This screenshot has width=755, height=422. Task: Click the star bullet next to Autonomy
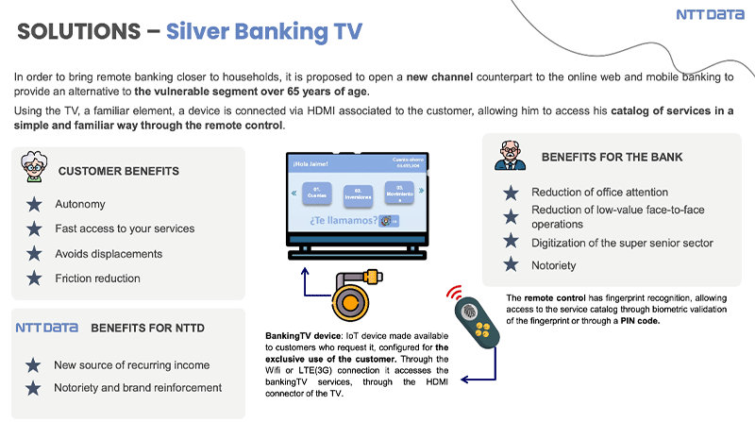[x=35, y=204]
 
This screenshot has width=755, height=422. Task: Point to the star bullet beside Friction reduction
[x=35, y=278]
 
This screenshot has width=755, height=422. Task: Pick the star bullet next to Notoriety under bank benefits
[x=511, y=265]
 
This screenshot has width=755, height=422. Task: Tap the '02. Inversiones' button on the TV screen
[x=359, y=195]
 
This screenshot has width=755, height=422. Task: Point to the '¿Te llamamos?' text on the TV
[x=344, y=221]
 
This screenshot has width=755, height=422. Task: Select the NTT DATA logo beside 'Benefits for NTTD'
[x=46, y=328]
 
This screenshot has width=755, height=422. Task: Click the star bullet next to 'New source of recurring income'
[x=35, y=365]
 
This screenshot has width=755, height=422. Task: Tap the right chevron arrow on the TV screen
[x=423, y=194]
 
